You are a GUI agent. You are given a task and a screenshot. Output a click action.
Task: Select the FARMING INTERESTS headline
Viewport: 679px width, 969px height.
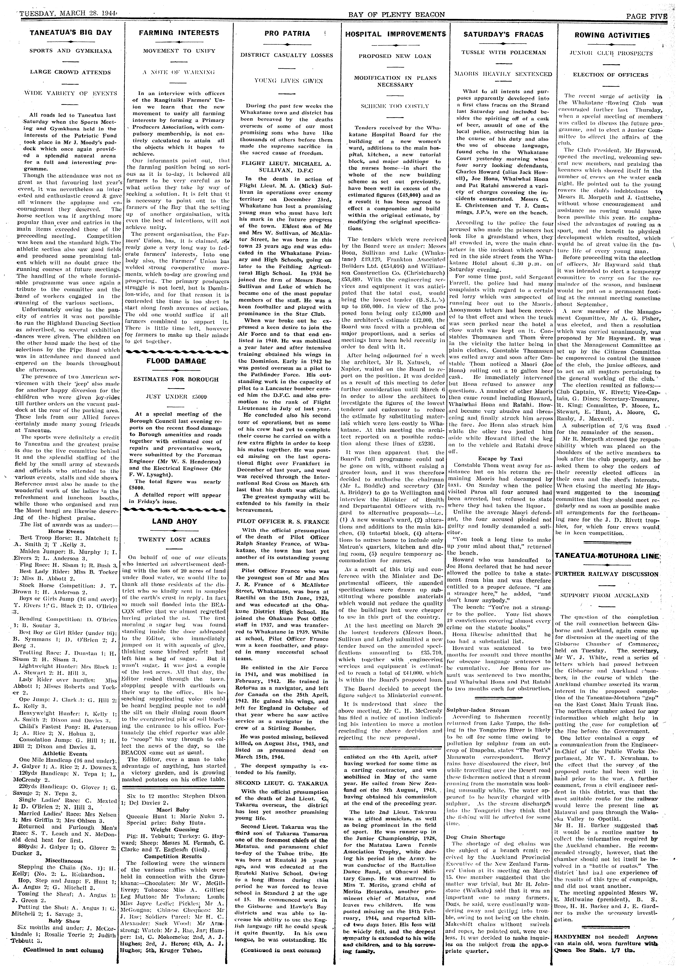coord(179,32)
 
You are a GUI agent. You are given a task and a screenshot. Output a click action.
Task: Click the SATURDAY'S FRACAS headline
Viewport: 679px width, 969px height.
coord(503,34)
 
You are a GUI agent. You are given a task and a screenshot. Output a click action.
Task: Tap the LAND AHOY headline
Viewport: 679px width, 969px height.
coord(174,521)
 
